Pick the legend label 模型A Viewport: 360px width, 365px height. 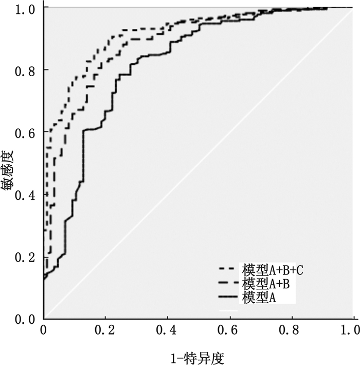click(260, 297)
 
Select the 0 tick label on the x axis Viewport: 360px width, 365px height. click(44, 329)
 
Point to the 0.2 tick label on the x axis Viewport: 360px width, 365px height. click(105, 329)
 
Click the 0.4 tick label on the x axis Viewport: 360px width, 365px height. click(168, 329)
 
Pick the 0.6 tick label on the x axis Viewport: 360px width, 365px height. click(230, 329)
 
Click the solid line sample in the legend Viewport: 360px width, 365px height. click(229, 298)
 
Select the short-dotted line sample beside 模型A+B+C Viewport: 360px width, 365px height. click(229, 269)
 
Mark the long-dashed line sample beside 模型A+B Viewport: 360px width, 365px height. click(229, 283)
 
